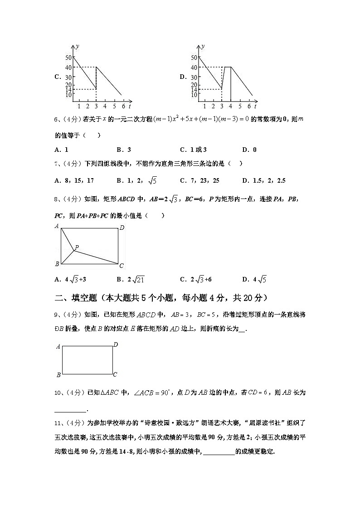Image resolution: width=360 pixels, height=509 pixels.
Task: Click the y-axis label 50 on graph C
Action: click(68, 57)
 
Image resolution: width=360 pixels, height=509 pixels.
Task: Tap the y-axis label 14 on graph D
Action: click(194, 90)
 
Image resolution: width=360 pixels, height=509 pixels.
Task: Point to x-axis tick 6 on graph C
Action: click(122, 106)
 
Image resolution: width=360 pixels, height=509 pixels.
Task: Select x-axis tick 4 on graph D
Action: click(231, 106)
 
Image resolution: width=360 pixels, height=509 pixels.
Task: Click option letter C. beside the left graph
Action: click(58, 77)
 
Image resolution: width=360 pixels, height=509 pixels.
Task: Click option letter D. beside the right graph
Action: click(183, 77)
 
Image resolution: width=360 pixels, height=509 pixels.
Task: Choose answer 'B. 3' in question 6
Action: click(124, 150)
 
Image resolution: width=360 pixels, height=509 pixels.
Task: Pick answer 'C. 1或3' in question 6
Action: click(193, 150)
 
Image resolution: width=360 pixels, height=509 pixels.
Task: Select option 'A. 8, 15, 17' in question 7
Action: click(74, 180)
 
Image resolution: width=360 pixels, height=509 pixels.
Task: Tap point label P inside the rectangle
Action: click(77, 247)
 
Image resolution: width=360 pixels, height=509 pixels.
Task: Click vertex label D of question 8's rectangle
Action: click(122, 228)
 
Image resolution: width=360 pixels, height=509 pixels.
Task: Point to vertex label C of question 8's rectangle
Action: click(121, 266)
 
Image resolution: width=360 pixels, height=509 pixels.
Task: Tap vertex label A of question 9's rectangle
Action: click(58, 347)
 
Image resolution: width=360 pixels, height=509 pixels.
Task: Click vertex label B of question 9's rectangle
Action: click(58, 375)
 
